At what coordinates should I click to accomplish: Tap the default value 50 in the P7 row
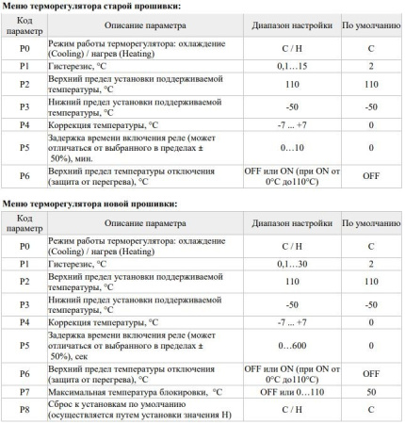[372, 389]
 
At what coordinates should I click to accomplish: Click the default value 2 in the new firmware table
[372, 265]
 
